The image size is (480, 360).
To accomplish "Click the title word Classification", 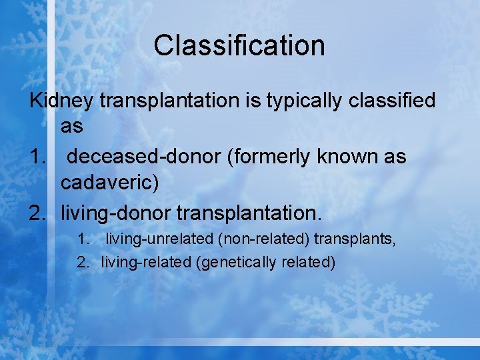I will click(x=239, y=45).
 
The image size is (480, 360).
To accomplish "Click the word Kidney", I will click(x=61, y=101).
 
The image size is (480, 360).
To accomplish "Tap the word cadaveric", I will click(x=110, y=183).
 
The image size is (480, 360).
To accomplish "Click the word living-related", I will click(x=146, y=262).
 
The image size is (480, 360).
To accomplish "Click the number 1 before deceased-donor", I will click(x=37, y=157).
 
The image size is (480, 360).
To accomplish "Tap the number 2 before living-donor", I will click(x=37, y=213).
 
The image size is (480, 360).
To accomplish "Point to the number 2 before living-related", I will click(x=82, y=262).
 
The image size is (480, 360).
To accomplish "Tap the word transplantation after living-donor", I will click(x=249, y=213).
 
